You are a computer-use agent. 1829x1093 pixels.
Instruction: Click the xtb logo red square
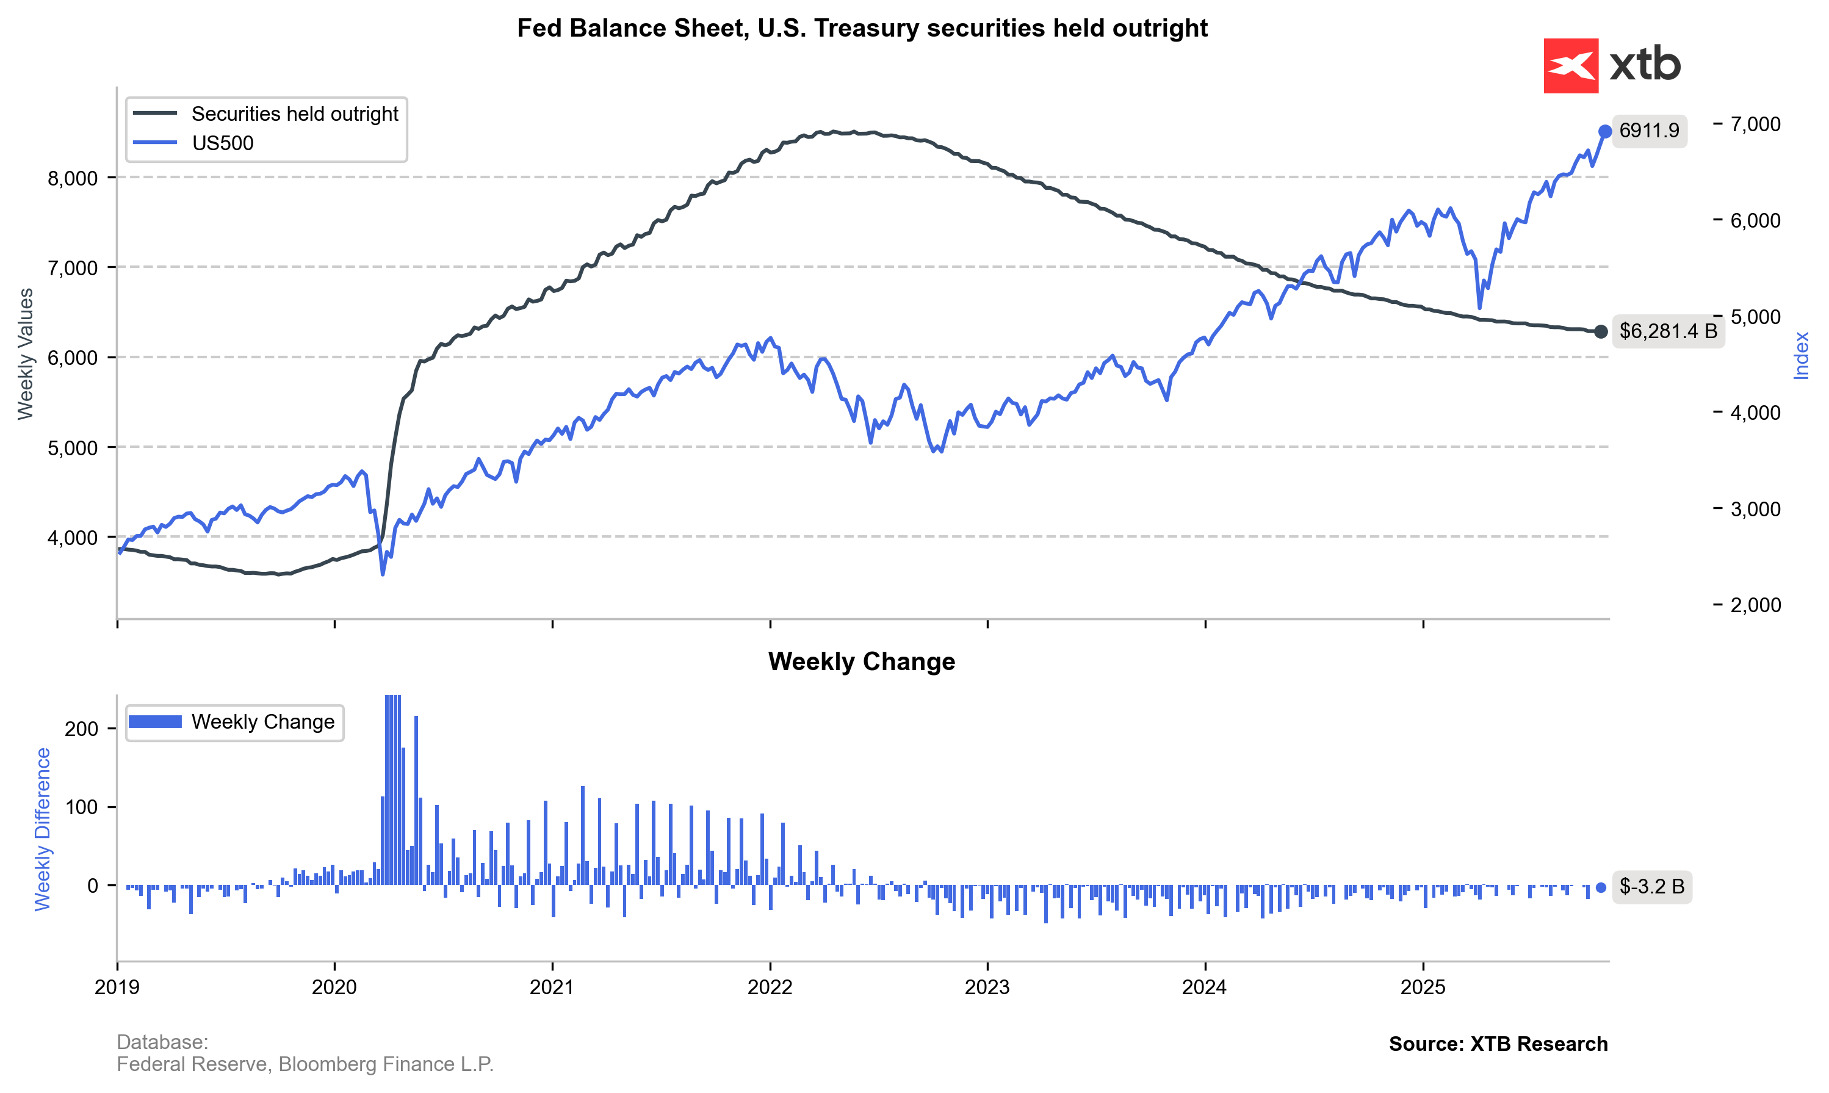click(1571, 65)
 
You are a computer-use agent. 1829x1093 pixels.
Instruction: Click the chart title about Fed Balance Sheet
click(862, 28)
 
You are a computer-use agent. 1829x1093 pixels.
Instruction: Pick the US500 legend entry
click(222, 143)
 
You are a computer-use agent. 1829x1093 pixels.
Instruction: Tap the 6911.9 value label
click(1648, 131)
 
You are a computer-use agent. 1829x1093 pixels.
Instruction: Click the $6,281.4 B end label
click(1668, 331)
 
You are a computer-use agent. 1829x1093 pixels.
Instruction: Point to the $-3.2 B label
click(1651, 887)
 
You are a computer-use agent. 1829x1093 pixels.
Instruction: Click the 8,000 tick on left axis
click(72, 178)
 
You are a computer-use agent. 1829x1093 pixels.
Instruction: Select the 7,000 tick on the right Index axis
click(1755, 124)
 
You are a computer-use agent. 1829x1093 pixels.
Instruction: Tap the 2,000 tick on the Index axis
click(1755, 605)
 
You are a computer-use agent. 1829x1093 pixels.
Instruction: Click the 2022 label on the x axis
click(770, 987)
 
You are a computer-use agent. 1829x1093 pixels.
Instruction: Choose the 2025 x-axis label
click(1423, 987)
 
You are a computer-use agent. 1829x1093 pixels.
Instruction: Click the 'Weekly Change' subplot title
click(862, 662)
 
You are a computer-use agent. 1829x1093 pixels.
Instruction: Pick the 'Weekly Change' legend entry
click(262, 722)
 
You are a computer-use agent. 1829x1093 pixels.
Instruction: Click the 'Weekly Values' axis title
click(26, 353)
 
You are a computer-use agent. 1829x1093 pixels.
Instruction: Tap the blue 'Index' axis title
click(1801, 356)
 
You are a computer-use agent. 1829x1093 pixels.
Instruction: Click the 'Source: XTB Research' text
click(1498, 1044)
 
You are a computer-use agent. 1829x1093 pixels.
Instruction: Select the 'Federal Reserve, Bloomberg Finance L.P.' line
click(305, 1064)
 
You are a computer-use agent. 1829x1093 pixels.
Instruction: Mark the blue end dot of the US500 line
click(1605, 132)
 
